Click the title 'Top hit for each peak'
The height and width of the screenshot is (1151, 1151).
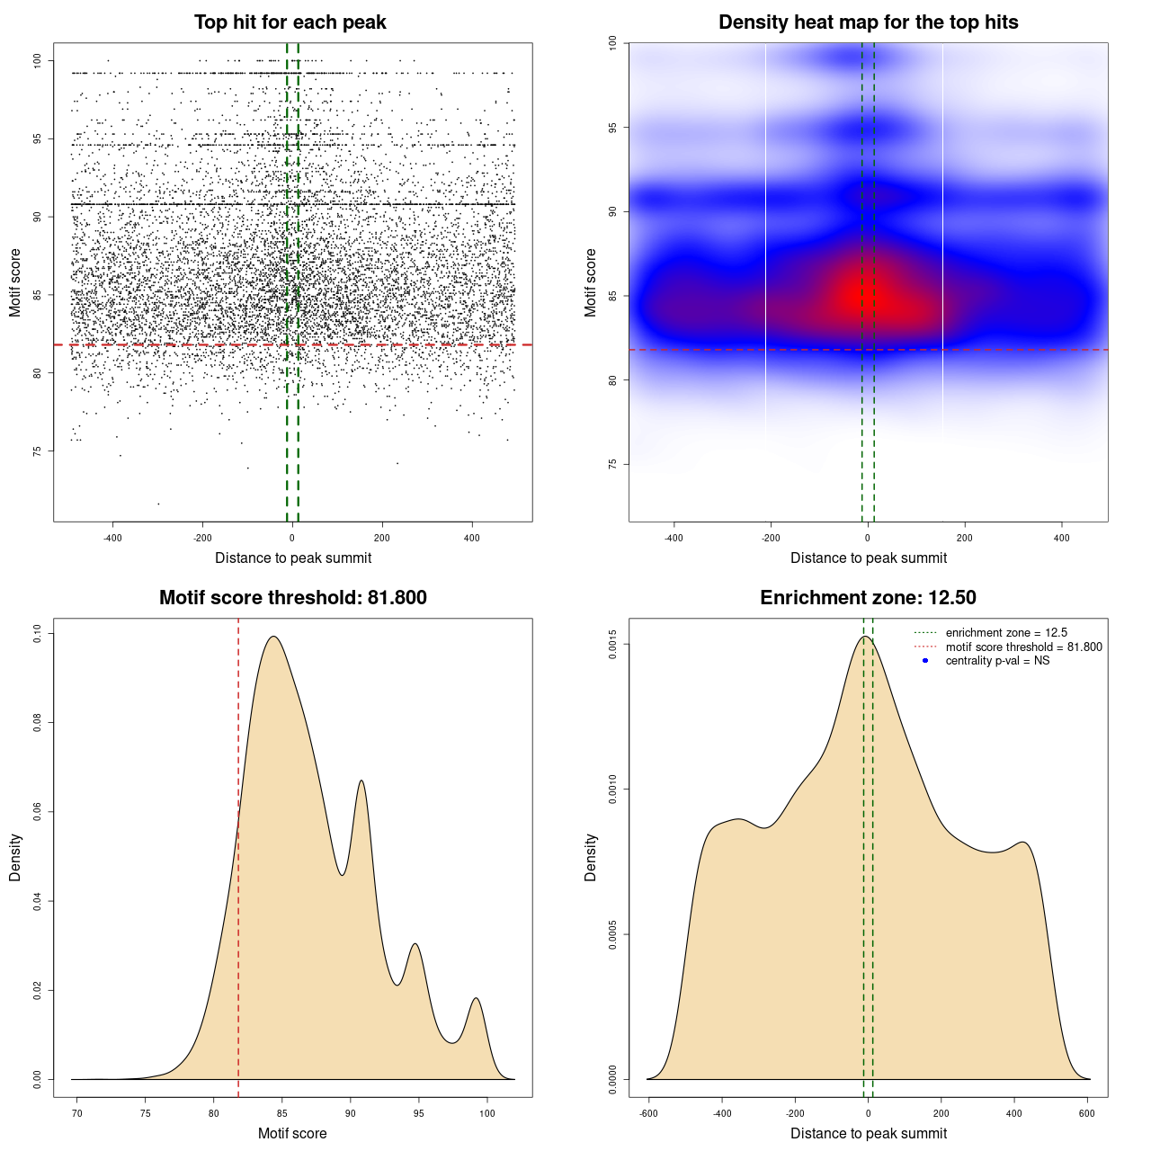click(290, 22)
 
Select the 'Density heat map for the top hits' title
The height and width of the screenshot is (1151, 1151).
click(868, 22)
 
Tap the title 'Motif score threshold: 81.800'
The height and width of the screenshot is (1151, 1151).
click(292, 598)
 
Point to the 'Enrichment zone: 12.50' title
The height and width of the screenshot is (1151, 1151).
click(868, 598)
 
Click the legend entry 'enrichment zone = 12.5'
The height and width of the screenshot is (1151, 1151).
click(1006, 633)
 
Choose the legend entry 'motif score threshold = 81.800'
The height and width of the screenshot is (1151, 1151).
click(1023, 647)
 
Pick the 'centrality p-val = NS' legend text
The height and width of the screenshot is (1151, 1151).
click(997, 661)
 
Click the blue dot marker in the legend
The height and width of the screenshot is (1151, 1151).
click(925, 661)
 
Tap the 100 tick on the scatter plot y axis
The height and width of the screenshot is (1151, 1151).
click(37, 60)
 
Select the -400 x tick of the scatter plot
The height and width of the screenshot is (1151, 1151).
click(112, 538)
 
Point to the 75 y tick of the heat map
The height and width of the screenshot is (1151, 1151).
click(612, 464)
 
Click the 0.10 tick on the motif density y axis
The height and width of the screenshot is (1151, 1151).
click(37, 633)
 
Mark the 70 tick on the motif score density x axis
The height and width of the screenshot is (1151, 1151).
click(77, 1113)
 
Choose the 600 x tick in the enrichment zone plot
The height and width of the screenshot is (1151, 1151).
click(1087, 1113)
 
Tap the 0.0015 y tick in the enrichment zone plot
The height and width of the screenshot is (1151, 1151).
click(612, 644)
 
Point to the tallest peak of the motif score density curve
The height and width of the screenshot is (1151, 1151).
click(273, 638)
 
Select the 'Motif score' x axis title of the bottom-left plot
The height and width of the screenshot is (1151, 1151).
click(292, 1133)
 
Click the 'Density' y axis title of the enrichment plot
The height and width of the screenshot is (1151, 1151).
click(591, 857)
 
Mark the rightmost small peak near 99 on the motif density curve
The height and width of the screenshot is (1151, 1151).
click(476, 998)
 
